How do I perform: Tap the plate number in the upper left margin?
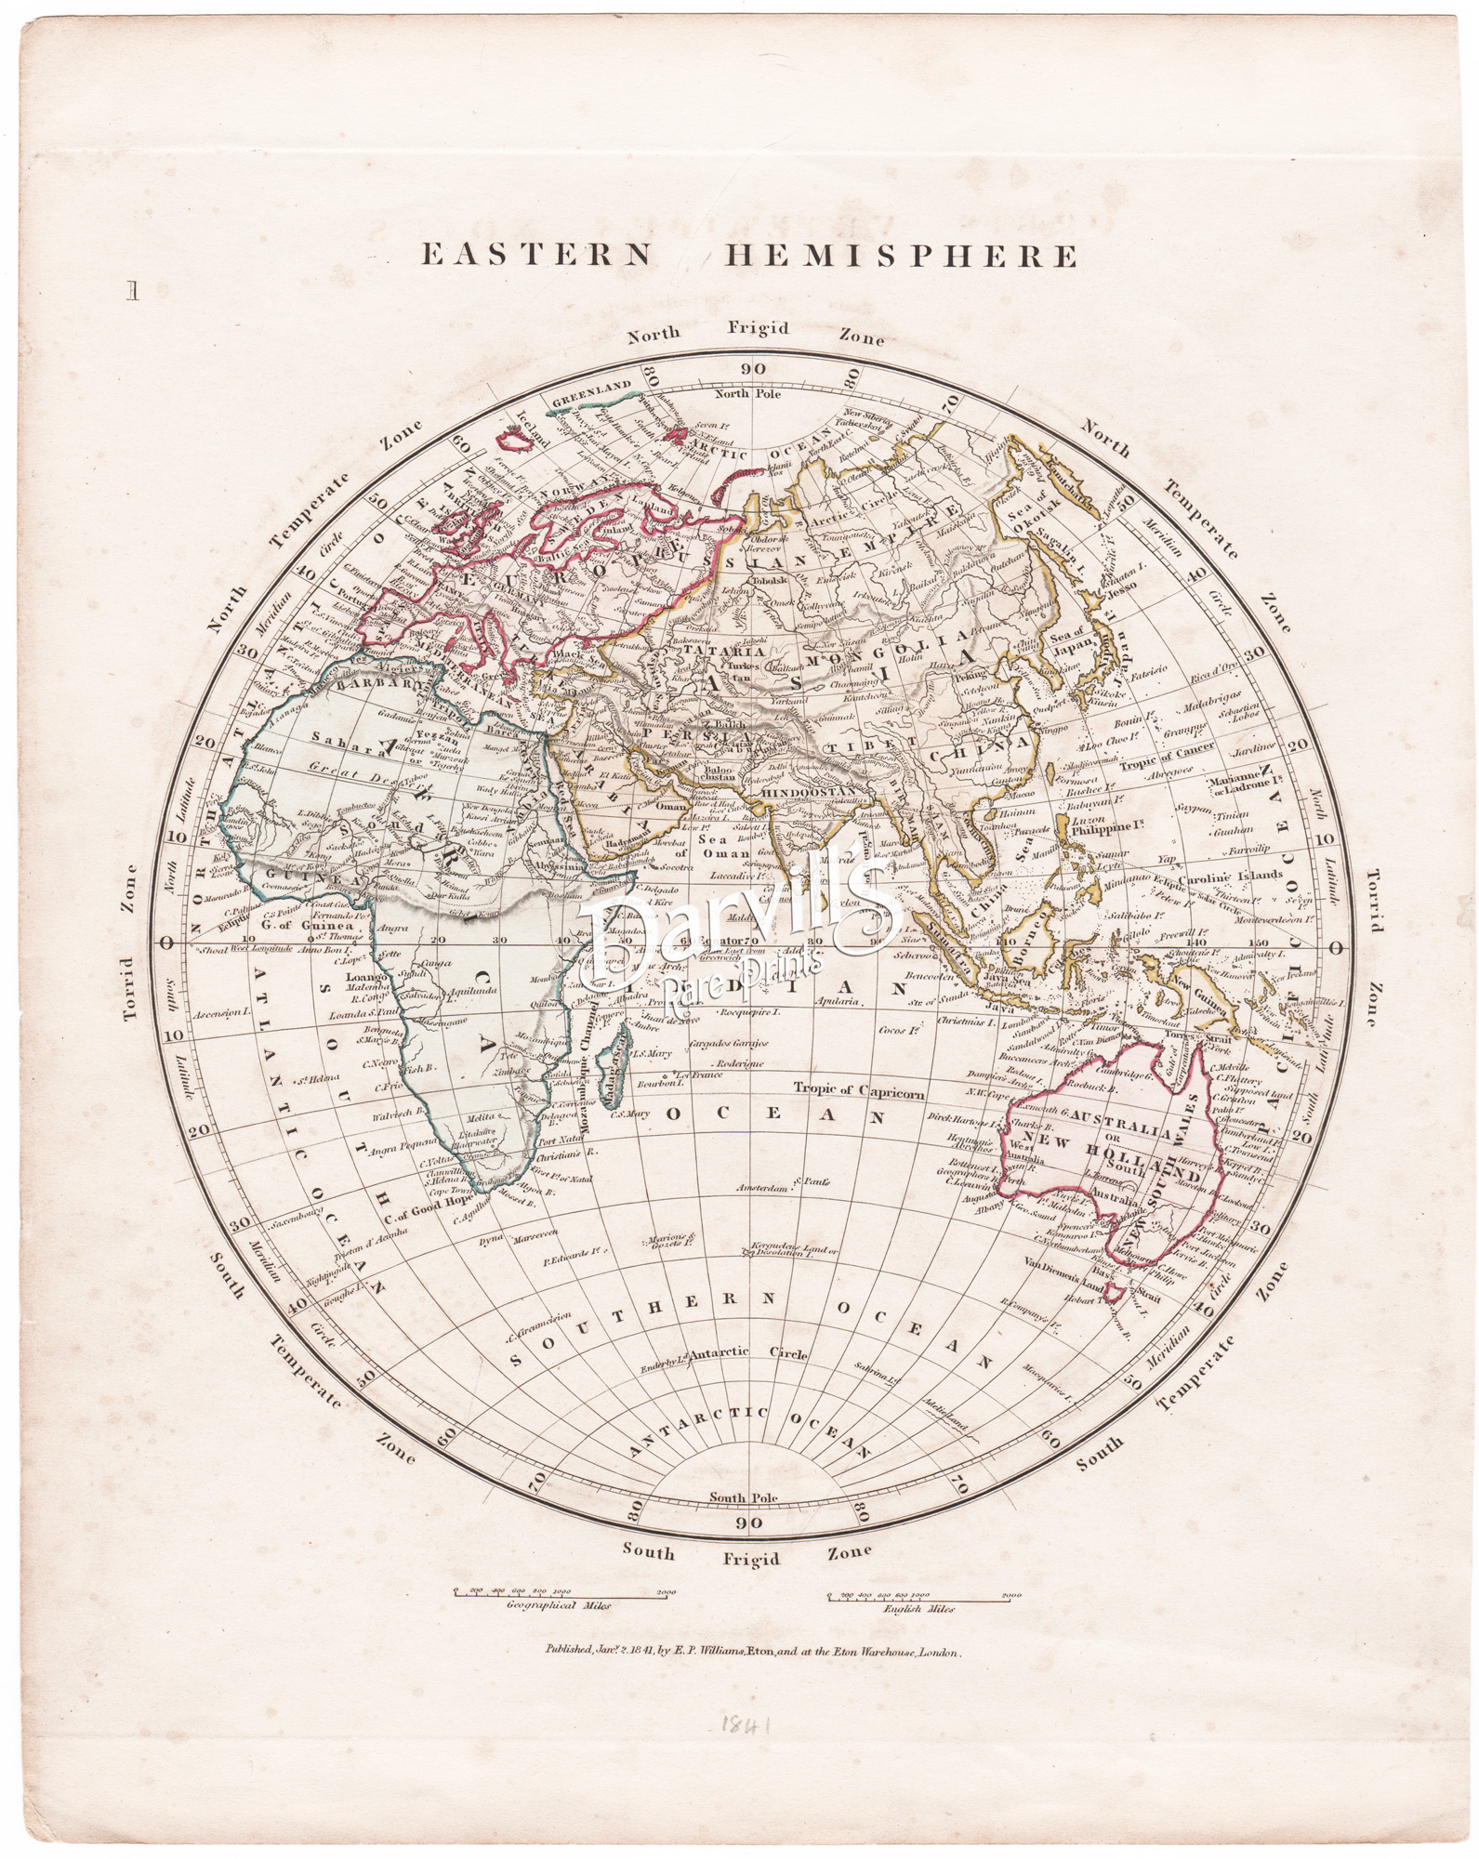(x=135, y=293)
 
